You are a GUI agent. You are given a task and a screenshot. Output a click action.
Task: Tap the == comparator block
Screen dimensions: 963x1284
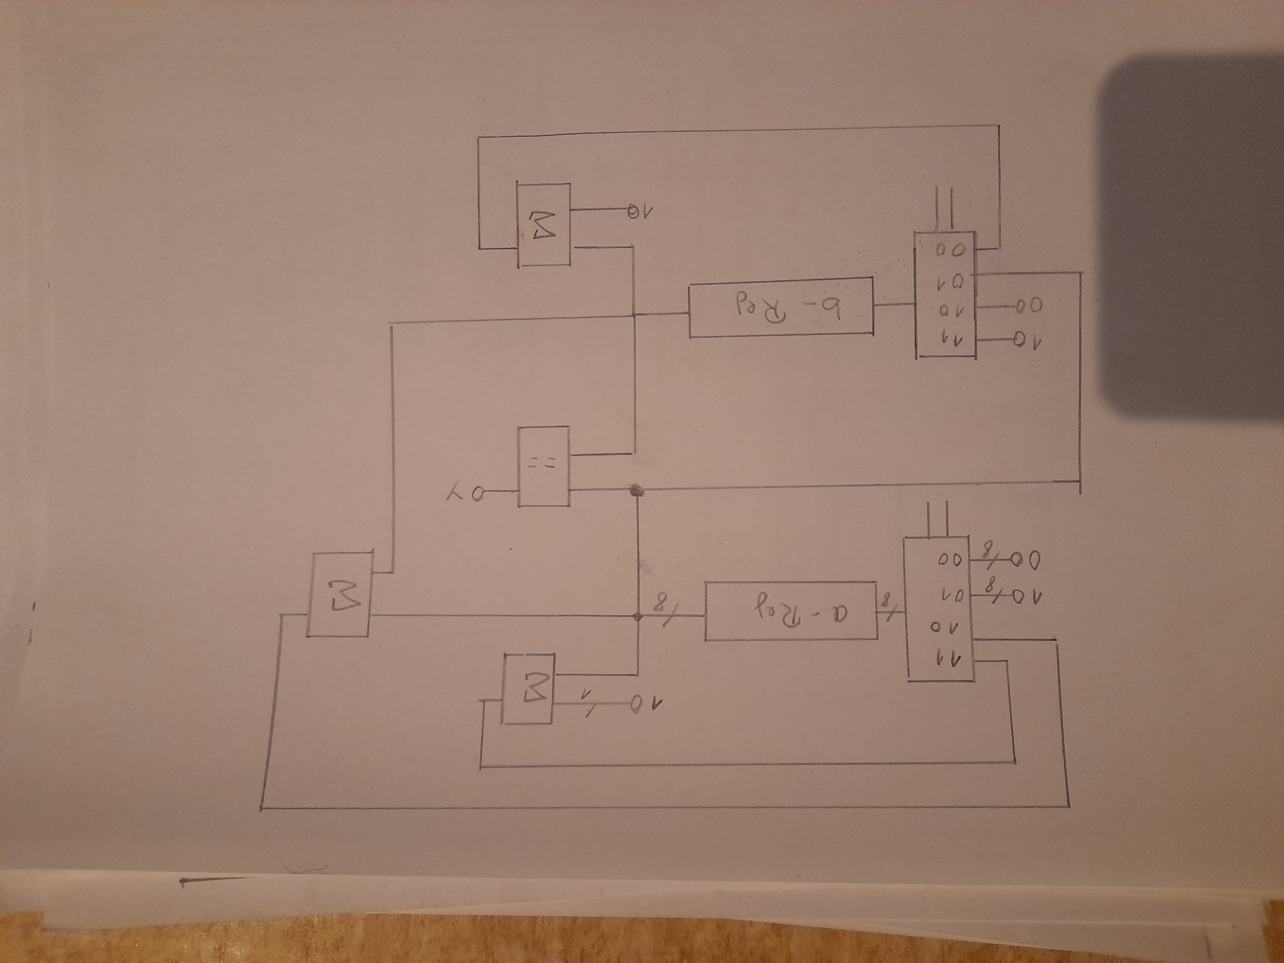543,466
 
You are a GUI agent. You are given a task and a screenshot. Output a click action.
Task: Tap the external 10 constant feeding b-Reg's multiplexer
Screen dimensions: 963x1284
1028,338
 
